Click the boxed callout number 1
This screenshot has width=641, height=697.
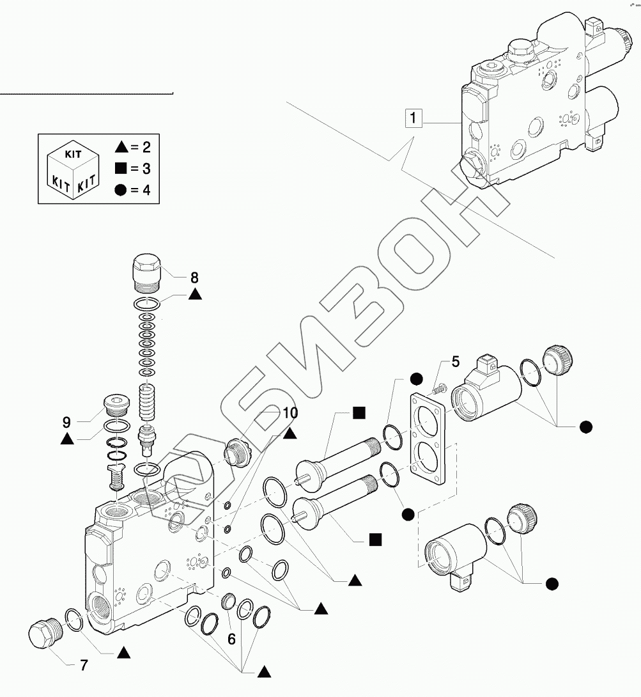[x=413, y=118]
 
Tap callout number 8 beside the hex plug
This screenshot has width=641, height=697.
[x=194, y=278]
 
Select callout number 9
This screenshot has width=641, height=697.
[x=66, y=422]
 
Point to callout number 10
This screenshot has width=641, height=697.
[x=290, y=414]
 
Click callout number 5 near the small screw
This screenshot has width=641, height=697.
[x=454, y=362]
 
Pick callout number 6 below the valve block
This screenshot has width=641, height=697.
[x=231, y=638]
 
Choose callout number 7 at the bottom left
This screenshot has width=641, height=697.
[x=83, y=665]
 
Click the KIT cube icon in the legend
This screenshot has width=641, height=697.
[x=74, y=169]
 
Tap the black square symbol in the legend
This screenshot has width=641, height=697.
[x=121, y=169]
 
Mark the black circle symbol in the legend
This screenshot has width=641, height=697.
[x=121, y=190]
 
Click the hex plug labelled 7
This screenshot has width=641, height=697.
[x=44, y=632]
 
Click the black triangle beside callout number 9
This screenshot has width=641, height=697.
[x=66, y=439]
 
